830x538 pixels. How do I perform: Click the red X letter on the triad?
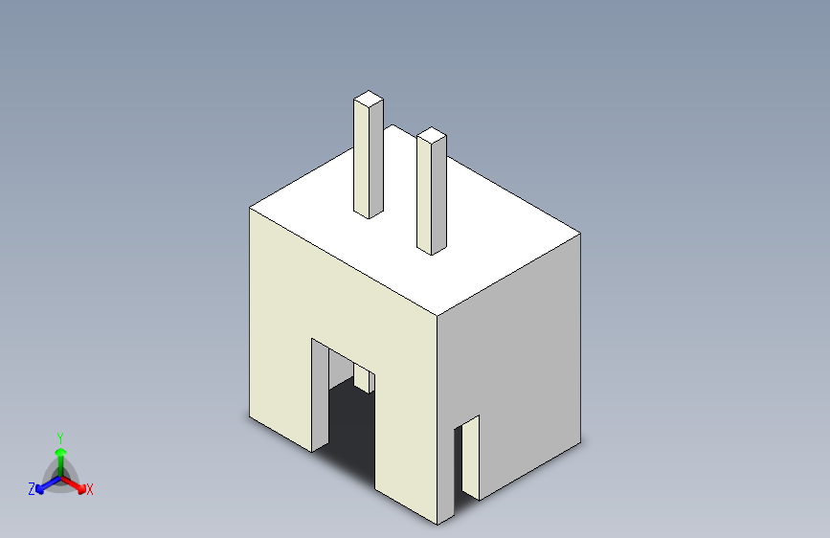[x=90, y=489]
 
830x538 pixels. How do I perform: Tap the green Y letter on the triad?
[x=59, y=436]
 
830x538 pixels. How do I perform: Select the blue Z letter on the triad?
[x=32, y=489]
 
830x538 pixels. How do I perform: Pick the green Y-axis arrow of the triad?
[x=60, y=454]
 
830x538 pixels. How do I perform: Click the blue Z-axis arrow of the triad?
[x=43, y=484]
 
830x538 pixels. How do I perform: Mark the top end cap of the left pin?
[x=369, y=98]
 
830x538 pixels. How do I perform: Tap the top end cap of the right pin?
[x=432, y=135]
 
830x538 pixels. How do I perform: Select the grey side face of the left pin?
[x=377, y=158]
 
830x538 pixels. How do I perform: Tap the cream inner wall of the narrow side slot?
[x=459, y=460]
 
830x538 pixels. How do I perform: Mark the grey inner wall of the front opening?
[x=320, y=392]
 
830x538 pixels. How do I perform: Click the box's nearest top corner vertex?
[x=437, y=314]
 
